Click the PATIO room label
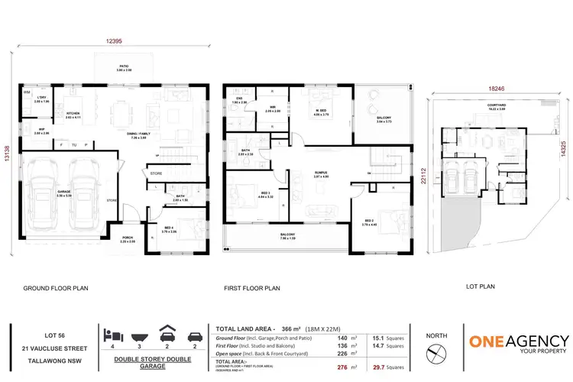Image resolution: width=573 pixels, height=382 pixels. click(123, 66)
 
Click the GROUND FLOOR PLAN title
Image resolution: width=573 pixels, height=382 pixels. click(56, 289)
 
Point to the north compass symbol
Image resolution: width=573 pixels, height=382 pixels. click(435, 354)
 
